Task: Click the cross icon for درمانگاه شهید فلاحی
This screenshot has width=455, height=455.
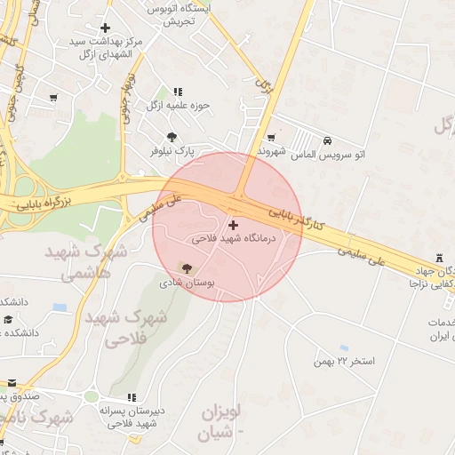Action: [x=233, y=225]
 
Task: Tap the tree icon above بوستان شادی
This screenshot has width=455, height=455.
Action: [x=185, y=267]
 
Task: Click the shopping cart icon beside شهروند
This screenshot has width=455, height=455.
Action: [x=270, y=138]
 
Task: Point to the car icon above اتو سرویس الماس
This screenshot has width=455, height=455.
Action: [x=328, y=140]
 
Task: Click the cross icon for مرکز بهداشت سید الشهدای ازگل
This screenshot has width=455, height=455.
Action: [x=105, y=28]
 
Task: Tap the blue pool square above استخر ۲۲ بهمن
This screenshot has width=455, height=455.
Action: [x=344, y=347]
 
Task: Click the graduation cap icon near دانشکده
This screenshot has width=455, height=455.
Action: [x=8, y=319]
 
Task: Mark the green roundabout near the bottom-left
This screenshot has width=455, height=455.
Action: [x=91, y=397]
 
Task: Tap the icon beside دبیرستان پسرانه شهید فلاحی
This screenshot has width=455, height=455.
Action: [x=132, y=397]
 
